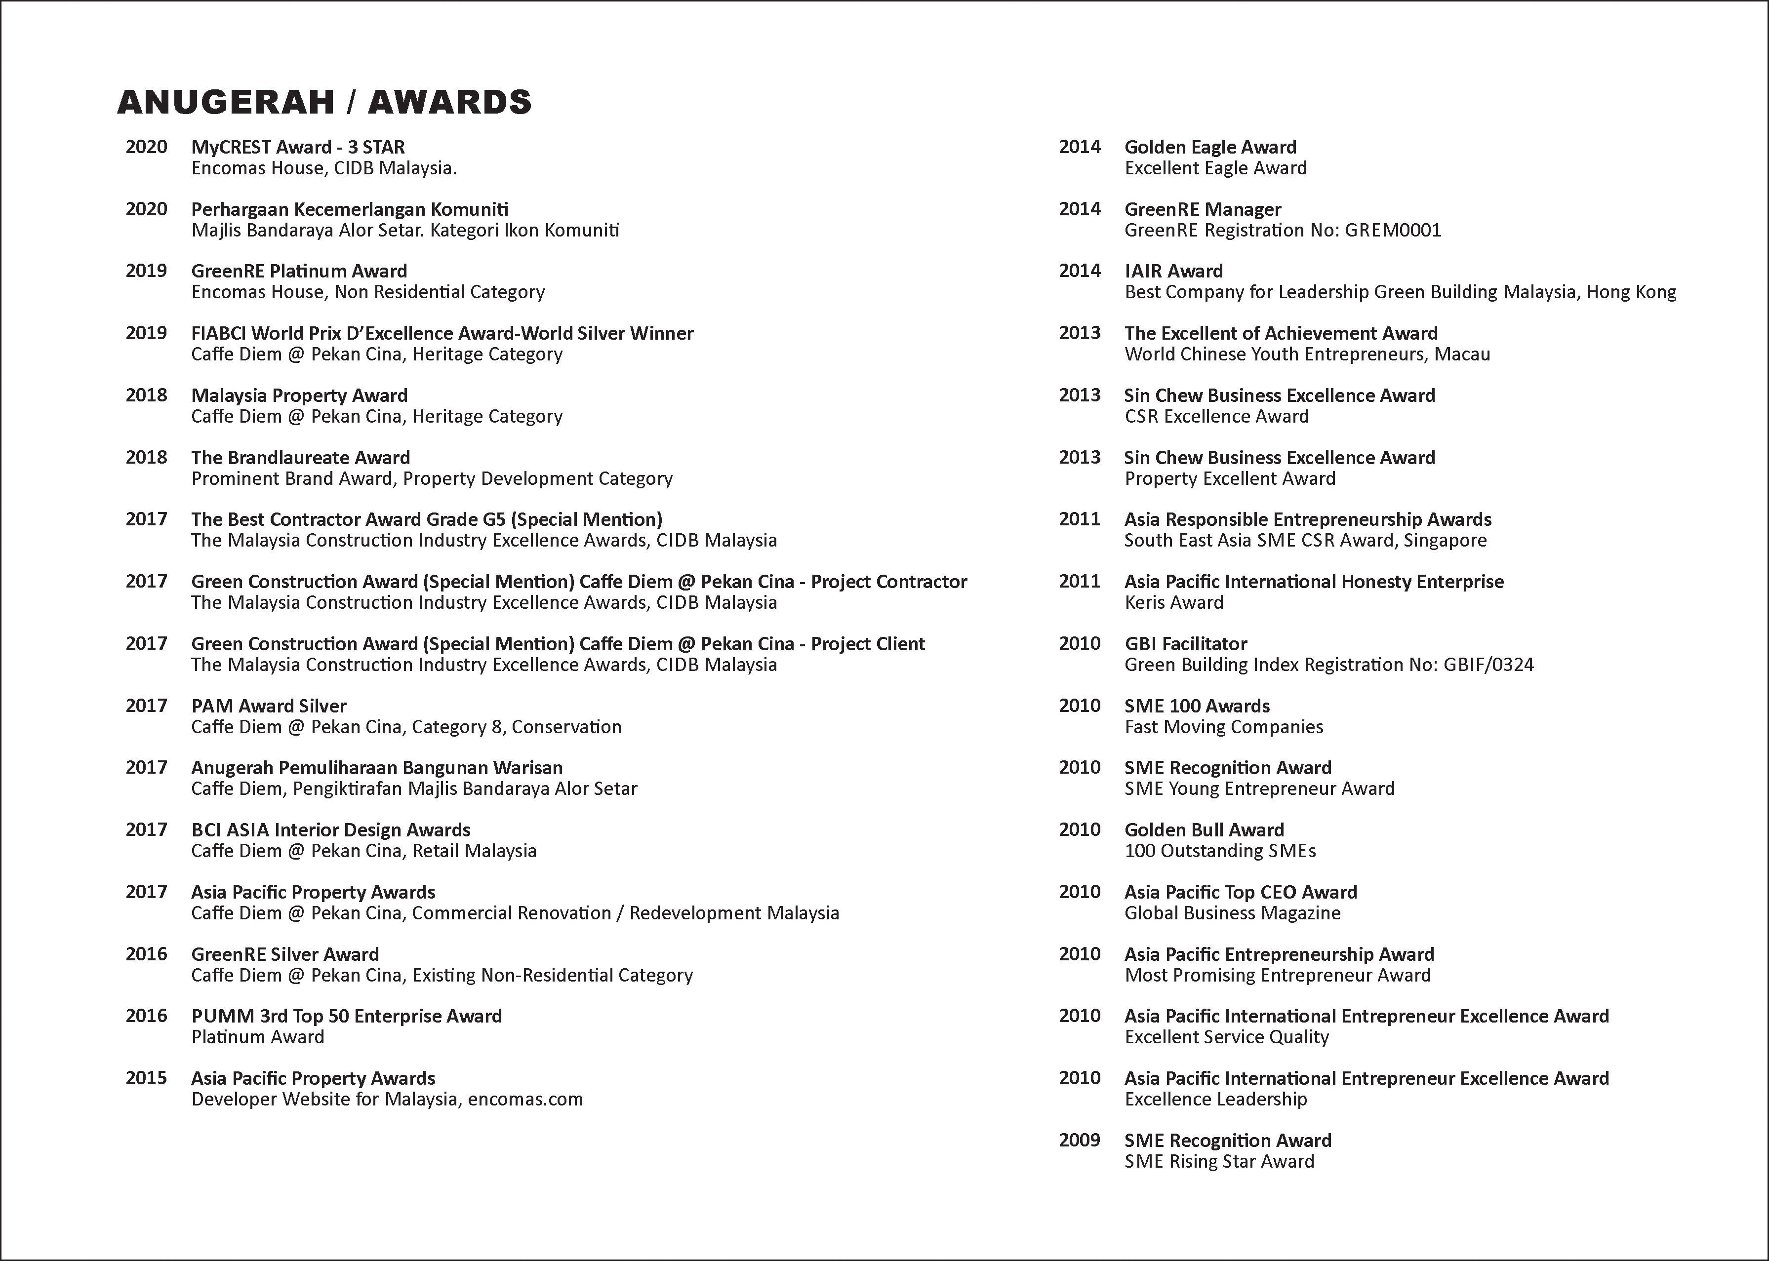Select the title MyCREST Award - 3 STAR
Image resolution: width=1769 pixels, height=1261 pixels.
(x=298, y=147)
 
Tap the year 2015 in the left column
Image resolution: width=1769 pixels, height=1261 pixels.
(x=146, y=1078)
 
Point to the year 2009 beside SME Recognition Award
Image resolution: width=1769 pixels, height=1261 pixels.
(x=1080, y=1140)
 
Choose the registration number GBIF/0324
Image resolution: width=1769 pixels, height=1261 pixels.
(x=1488, y=665)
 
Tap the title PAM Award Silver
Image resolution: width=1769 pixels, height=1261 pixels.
(x=269, y=706)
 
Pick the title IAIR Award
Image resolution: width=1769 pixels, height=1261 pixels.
(x=1173, y=271)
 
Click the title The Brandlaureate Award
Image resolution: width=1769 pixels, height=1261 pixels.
(x=301, y=457)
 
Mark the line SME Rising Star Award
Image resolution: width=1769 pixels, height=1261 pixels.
(x=1219, y=1162)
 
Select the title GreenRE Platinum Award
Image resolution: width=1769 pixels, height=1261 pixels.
(x=299, y=271)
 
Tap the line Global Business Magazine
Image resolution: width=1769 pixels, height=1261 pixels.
(x=1232, y=913)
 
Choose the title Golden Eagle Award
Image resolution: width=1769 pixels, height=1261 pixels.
(x=1210, y=147)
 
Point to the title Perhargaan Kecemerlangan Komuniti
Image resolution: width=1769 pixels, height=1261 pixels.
(x=350, y=209)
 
